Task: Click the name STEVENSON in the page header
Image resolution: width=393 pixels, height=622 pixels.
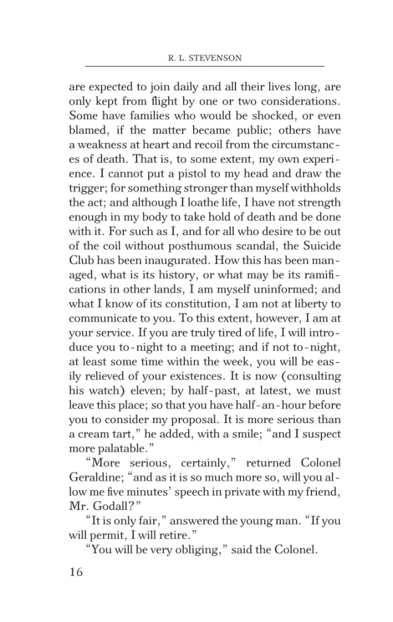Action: (217, 58)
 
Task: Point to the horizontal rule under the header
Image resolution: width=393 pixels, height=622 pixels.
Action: (204, 66)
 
